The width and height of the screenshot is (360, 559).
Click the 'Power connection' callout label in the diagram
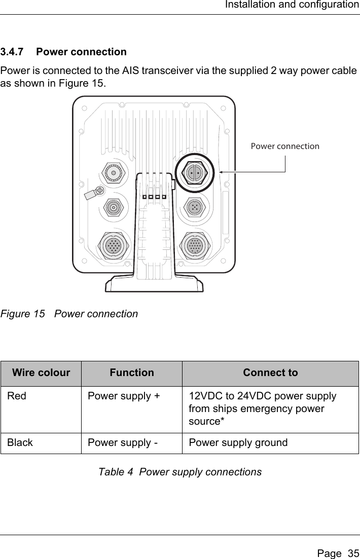click(x=285, y=146)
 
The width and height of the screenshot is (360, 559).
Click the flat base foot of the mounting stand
click(x=154, y=284)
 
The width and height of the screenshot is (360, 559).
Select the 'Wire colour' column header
click(x=41, y=373)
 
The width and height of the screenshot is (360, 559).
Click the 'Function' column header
click(x=132, y=373)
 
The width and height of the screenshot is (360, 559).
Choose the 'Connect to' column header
click(x=270, y=373)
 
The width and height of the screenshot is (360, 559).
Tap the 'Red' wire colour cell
click(x=17, y=396)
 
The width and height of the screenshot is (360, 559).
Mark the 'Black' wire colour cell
click(x=20, y=442)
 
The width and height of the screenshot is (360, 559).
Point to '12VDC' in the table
click(x=204, y=396)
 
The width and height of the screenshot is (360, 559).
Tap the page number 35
click(x=353, y=548)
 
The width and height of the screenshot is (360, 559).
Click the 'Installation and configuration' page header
click(x=292, y=5)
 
